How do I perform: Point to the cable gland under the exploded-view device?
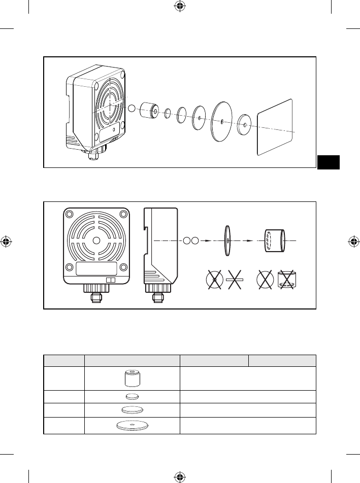[93, 154]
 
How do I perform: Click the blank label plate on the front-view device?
[96, 269]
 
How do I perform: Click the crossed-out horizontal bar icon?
[236, 280]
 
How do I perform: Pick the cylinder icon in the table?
[132, 378]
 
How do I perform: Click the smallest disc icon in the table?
[132, 397]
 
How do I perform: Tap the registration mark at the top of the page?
[180, 7]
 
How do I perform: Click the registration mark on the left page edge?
[7, 241]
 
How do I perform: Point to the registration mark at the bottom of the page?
[180, 476]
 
